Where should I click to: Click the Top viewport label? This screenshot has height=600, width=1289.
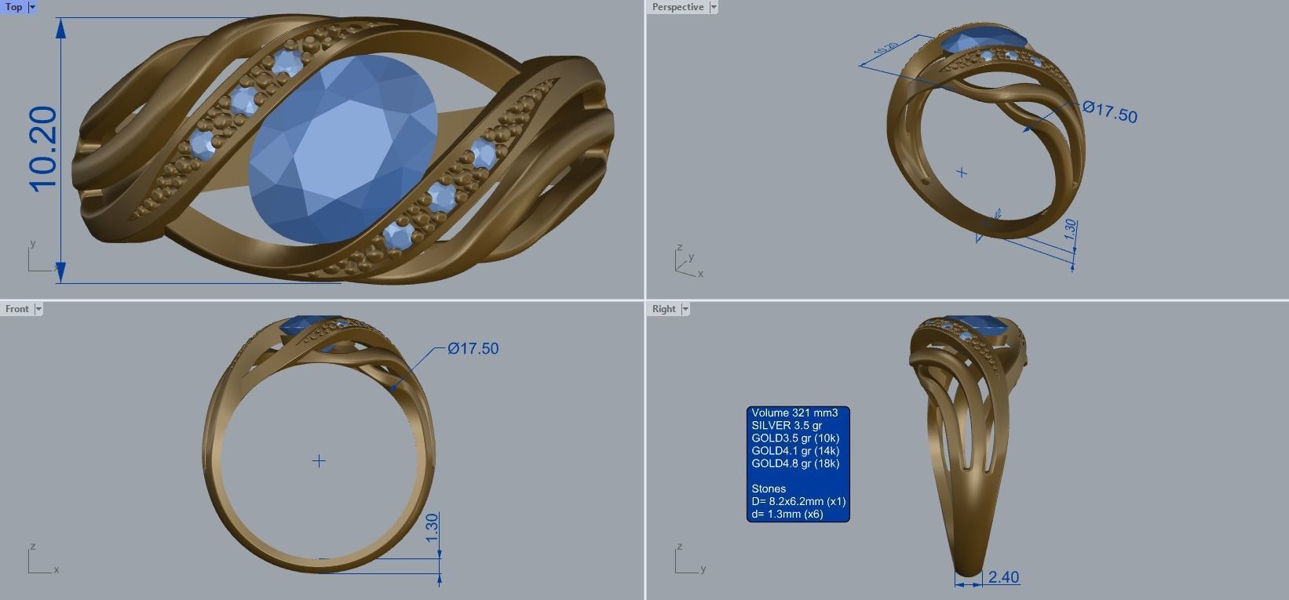(x=14, y=7)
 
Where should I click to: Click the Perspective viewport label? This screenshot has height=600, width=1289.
(x=677, y=7)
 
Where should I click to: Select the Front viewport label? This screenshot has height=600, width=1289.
(x=16, y=309)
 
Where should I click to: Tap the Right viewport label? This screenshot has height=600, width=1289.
(x=663, y=309)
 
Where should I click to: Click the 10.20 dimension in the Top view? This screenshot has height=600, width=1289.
(x=44, y=149)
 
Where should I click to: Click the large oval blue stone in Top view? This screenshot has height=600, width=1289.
(x=342, y=149)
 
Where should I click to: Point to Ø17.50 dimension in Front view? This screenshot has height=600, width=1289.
(x=473, y=348)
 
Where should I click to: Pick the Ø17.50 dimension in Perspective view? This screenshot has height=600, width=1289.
(x=1109, y=111)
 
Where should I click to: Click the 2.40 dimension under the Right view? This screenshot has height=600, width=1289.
(x=1003, y=577)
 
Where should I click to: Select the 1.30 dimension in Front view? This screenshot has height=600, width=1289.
(x=432, y=528)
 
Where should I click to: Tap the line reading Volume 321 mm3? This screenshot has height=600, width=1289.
(x=794, y=413)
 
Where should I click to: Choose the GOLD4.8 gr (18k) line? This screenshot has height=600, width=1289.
(x=795, y=464)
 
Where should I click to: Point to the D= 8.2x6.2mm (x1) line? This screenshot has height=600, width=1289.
(x=798, y=501)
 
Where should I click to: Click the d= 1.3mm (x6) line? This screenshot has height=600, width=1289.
(x=787, y=514)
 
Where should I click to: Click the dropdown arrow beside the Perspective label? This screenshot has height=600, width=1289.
(x=713, y=7)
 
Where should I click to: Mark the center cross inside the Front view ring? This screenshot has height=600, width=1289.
(x=319, y=461)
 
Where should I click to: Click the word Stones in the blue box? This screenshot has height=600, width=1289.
(x=769, y=489)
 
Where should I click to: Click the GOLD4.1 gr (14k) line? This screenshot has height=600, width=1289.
(x=795, y=451)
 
